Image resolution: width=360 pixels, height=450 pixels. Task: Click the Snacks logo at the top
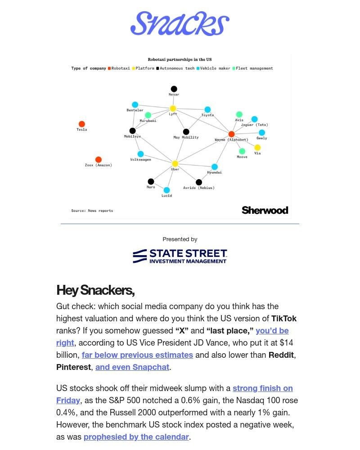tap(180, 24)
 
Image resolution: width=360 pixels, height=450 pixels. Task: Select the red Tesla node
tap(82, 124)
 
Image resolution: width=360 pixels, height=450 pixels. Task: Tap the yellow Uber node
tap(175, 164)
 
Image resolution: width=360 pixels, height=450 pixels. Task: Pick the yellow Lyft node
tap(173, 108)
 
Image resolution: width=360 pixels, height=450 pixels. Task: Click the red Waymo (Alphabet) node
tap(231, 134)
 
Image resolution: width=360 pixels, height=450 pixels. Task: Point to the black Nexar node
tap(174, 89)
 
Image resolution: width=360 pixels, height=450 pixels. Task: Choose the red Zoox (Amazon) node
tap(99, 160)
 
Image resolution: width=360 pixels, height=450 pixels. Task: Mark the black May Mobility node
tap(186, 132)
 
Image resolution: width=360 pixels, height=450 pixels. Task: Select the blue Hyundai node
tap(215, 167)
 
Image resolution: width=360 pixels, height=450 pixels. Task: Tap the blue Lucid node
tap(166, 190)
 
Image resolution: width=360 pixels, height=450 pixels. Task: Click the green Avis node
tap(239, 115)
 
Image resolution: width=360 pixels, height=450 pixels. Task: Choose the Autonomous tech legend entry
tap(175, 68)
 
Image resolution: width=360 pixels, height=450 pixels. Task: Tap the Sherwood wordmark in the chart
tap(265, 210)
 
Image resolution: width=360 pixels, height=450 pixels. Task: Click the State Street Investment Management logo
tap(180, 256)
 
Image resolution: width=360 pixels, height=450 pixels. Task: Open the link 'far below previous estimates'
tap(137, 355)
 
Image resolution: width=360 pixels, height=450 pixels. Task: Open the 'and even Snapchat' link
tap(132, 367)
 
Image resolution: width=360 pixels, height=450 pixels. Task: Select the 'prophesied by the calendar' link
tap(136, 437)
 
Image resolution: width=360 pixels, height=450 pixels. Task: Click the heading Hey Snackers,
tap(95, 290)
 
